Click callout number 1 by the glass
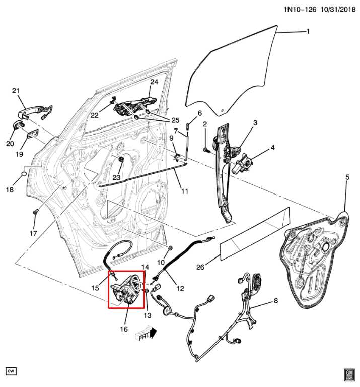(x=308, y=32)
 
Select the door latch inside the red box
(x=126, y=290)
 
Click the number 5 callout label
(x=347, y=177)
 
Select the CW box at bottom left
(x=11, y=371)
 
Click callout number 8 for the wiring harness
(x=275, y=301)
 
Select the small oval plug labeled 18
(x=23, y=175)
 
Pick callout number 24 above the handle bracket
(x=154, y=82)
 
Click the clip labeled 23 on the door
(x=122, y=160)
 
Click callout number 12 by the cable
(x=180, y=288)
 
